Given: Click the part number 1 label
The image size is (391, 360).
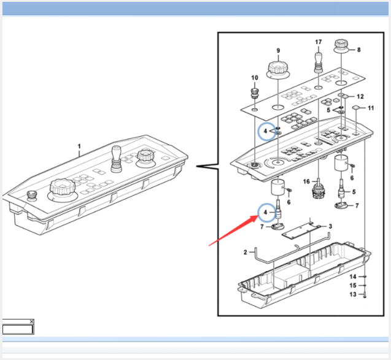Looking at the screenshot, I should point(79,147).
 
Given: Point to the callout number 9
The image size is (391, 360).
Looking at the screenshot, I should point(278,50).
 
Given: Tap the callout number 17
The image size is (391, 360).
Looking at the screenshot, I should point(318,42).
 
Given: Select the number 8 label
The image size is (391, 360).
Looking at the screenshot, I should point(359,50).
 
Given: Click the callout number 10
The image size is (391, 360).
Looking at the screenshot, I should point(255,78).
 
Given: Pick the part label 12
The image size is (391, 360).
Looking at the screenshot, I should point(360,96).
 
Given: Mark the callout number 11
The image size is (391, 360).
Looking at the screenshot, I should point(370,108).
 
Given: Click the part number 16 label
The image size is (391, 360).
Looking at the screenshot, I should point(306,182).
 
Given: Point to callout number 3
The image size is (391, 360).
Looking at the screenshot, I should point(330,226).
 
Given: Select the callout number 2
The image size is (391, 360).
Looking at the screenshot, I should point(245,252).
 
